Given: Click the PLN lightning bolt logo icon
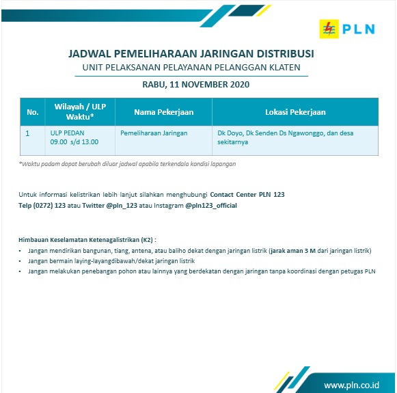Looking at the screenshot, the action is click(330, 29).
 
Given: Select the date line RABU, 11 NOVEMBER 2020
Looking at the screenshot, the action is click(196, 85).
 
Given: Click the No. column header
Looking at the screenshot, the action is click(32, 111).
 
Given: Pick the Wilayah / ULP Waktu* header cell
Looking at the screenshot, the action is click(79, 111).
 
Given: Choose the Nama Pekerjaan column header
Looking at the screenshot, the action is click(163, 111).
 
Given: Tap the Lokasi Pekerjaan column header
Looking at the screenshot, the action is click(295, 111).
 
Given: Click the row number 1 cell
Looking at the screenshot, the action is click(27, 133).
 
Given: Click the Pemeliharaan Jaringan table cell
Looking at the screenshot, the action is click(154, 133).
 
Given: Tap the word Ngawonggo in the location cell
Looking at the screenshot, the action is click(308, 133).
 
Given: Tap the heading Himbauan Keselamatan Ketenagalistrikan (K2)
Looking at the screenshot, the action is click(87, 240).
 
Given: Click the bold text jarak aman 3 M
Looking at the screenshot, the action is click(292, 251).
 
